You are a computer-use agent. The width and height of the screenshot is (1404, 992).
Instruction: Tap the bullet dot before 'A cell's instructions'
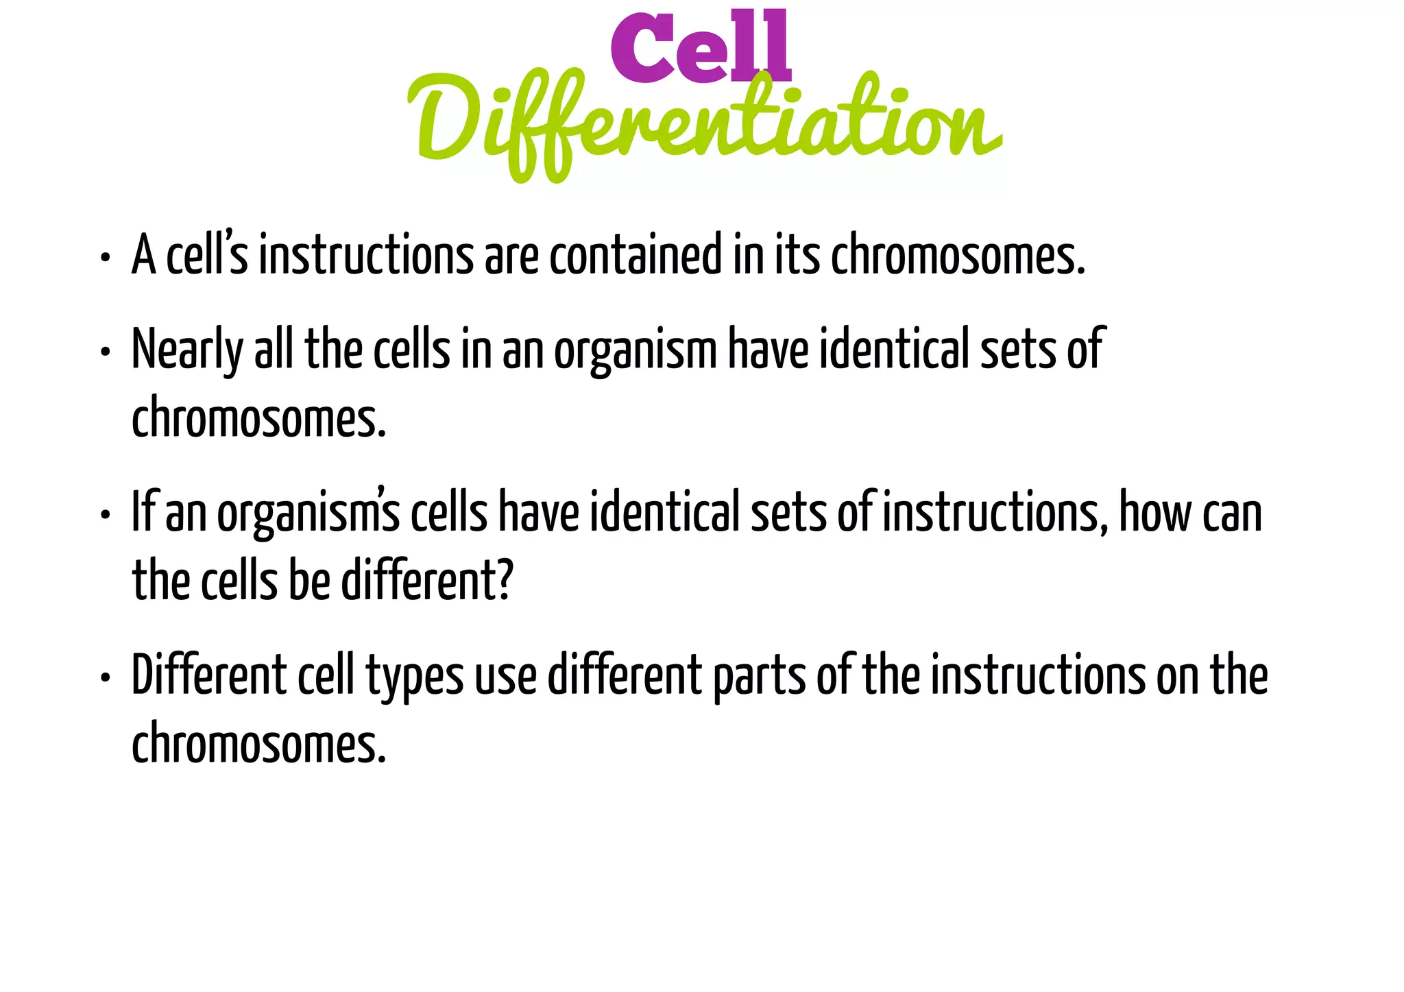tap(104, 258)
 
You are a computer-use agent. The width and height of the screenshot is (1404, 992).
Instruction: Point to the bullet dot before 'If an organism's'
tap(104, 516)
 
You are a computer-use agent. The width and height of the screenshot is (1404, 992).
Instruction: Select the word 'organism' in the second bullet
tap(635, 351)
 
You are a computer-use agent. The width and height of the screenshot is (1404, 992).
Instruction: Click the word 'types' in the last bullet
tap(415, 677)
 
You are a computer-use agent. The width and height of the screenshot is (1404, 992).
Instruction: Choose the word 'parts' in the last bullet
tap(759, 677)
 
